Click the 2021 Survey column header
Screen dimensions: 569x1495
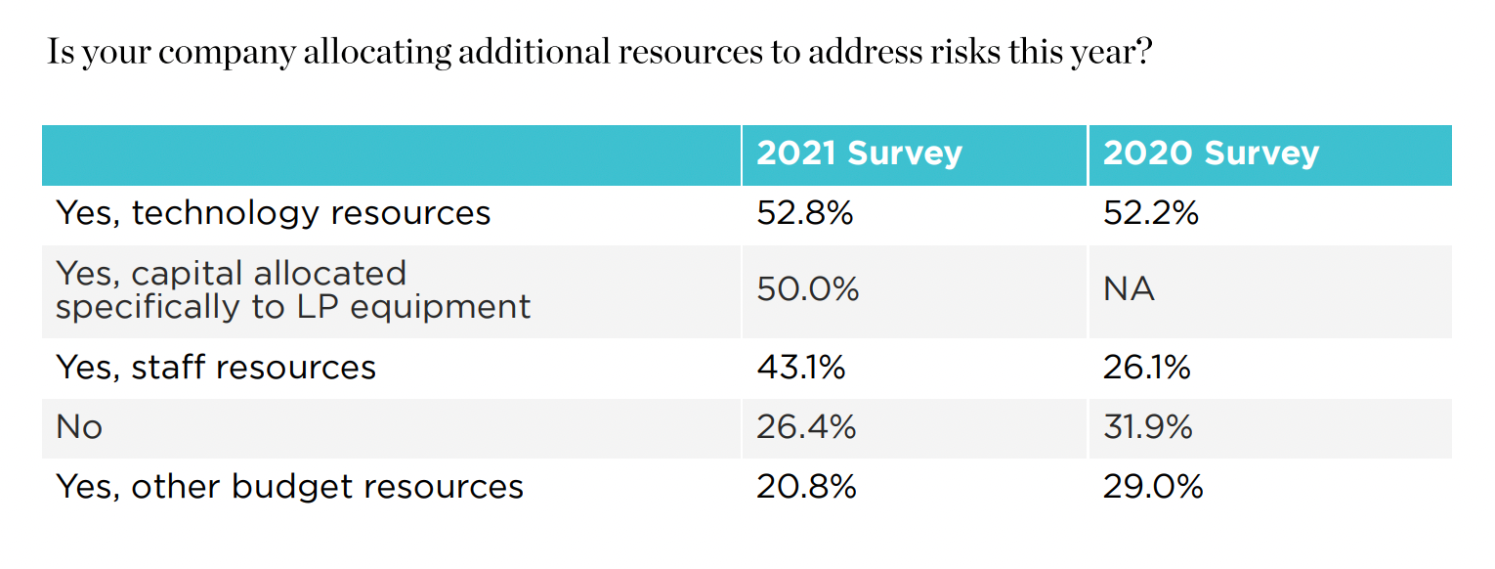pos(859,153)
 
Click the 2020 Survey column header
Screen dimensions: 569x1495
pos(1211,153)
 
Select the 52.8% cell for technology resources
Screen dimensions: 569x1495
pos(804,213)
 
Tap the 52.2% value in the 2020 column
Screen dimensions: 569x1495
pos(1150,213)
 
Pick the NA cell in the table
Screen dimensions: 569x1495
pos(1129,289)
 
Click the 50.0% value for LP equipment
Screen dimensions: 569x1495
pos(807,289)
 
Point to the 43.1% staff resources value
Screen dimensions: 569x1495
pos(800,368)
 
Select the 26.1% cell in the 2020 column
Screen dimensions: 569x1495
pos(1146,368)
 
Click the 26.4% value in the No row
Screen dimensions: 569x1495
pos(806,427)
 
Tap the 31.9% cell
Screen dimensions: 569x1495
pos(1147,427)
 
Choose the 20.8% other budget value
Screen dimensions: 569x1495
pos(806,487)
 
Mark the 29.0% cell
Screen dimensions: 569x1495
pos(1152,487)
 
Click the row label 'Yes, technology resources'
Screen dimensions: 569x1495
pos(273,213)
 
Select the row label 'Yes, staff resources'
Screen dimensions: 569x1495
pos(216,368)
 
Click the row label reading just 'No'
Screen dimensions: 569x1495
pos(79,427)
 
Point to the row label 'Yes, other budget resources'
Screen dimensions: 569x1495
pos(289,487)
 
